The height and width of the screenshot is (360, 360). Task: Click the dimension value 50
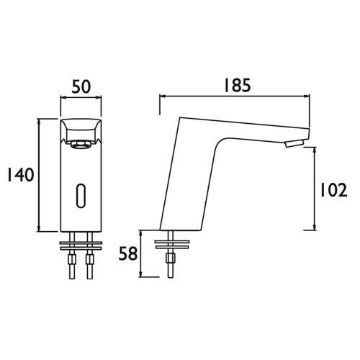click(81, 87)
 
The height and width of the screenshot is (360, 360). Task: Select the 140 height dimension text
click(21, 175)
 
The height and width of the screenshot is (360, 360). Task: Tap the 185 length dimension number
click(237, 85)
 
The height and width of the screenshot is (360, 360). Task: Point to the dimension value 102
click(334, 190)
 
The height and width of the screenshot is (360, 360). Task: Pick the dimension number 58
click(128, 255)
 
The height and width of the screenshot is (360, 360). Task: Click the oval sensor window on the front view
click(81, 196)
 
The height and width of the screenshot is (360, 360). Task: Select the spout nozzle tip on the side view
click(294, 144)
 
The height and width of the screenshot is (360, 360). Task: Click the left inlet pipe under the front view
click(72, 255)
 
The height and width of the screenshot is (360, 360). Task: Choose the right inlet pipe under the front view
click(89, 255)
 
